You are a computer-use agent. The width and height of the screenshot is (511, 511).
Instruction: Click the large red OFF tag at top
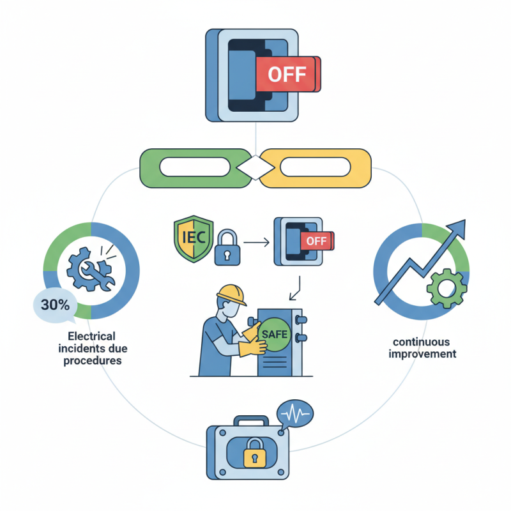[x=286, y=75]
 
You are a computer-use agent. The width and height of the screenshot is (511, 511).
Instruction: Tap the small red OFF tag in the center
[x=316, y=241]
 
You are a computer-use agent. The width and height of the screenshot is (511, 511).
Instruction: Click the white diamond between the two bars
[x=254, y=168]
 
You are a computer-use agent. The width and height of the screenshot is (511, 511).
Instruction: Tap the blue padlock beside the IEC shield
[x=224, y=247]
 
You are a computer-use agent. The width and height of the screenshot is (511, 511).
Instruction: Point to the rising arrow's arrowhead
[x=457, y=227]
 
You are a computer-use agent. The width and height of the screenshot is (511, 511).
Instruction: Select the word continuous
[x=422, y=342]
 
